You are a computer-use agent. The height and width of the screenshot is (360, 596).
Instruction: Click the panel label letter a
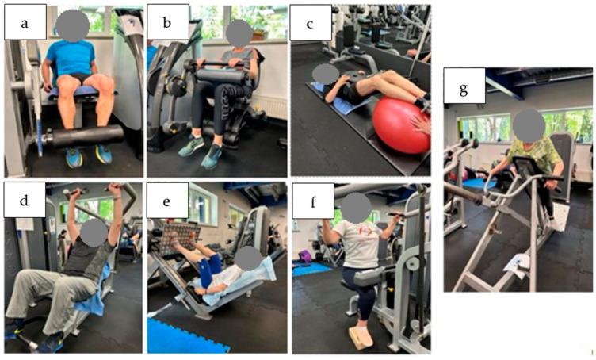25,24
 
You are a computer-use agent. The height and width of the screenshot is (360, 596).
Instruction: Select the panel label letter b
167,23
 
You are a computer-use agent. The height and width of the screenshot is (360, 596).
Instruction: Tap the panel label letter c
310,25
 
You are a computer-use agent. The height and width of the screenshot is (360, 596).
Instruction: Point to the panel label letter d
24,200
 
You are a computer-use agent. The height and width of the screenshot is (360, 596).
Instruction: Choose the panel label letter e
166,201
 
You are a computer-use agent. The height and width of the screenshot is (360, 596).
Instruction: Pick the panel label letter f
313,202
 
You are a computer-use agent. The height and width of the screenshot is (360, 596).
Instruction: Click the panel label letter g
464,90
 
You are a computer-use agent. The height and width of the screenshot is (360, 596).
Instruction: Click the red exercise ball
400,125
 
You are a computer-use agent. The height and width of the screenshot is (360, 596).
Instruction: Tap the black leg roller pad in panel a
86,136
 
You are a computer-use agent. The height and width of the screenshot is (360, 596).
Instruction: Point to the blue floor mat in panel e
185,337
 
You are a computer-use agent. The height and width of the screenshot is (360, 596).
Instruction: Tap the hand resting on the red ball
421,125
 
